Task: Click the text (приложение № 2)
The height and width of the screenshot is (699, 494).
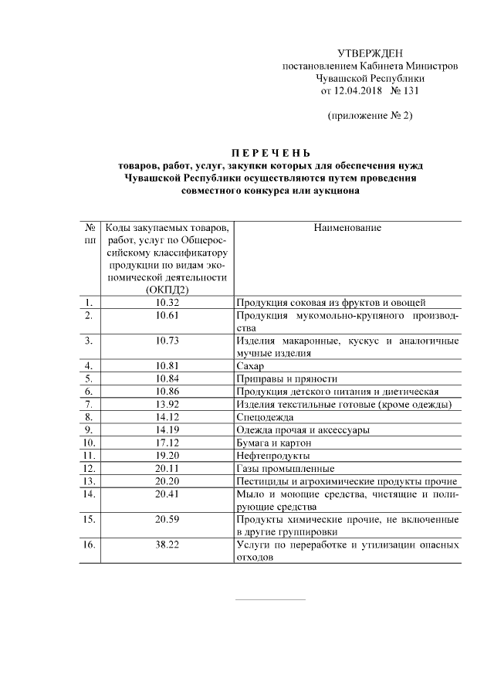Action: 370,116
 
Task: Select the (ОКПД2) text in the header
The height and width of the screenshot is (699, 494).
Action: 167,289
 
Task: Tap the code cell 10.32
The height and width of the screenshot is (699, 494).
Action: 167,302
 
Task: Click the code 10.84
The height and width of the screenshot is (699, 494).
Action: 167,378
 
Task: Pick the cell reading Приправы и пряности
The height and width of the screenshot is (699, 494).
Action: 286,378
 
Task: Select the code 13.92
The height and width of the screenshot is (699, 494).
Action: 167,404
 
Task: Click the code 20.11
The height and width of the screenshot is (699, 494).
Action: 167,468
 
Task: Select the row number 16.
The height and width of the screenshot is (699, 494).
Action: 90,545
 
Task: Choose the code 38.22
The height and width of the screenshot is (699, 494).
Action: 167,545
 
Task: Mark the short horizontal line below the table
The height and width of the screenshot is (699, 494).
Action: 269,599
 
